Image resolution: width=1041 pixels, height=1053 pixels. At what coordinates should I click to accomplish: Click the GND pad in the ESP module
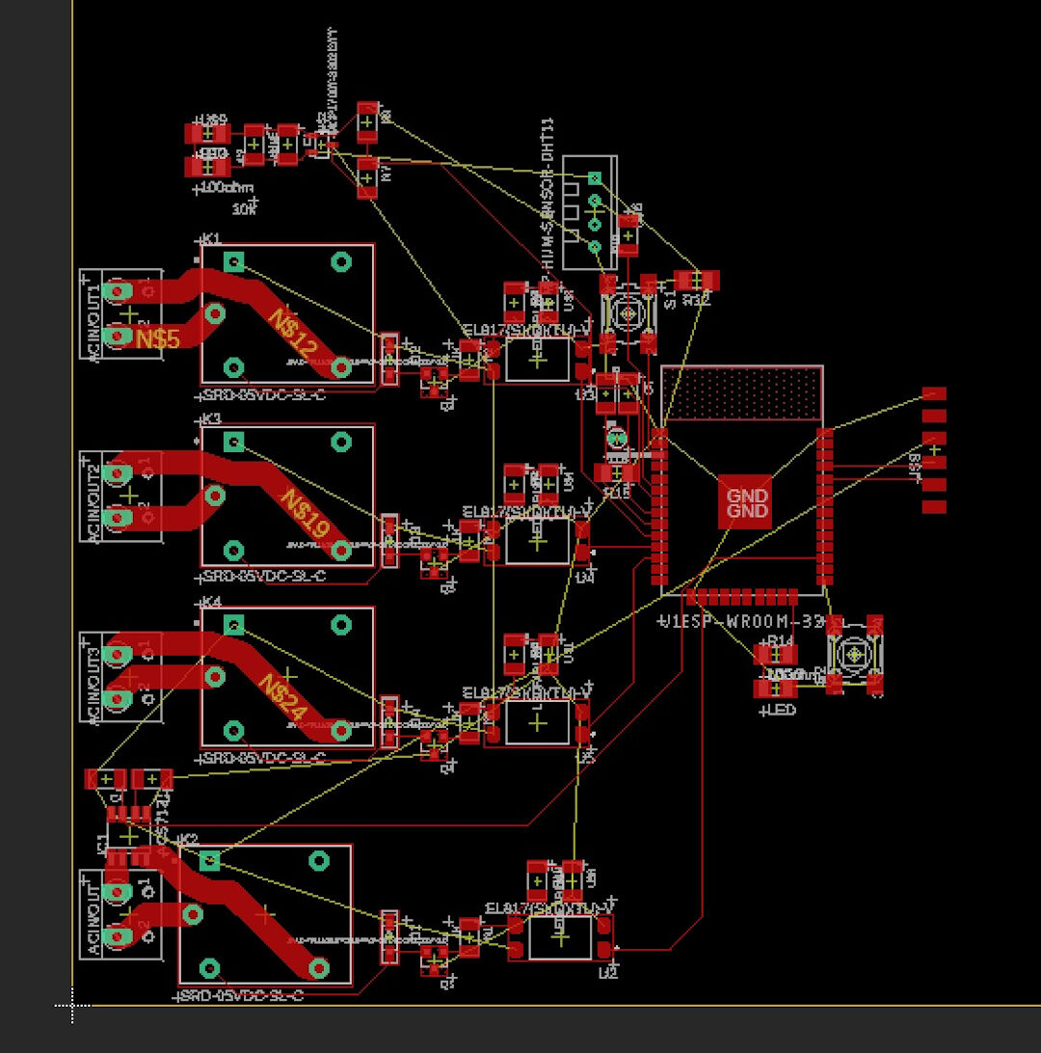point(746,502)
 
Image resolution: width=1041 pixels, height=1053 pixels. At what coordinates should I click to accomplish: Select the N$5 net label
point(157,338)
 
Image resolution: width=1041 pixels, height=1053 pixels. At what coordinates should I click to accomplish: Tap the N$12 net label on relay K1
point(292,331)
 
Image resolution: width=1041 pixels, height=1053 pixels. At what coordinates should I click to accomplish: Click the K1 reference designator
point(210,238)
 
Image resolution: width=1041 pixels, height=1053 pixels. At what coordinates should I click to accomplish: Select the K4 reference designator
point(210,602)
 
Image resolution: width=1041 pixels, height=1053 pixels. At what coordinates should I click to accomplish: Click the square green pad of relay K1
point(233,261)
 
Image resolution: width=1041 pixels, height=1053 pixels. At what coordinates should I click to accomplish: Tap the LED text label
point(780,711)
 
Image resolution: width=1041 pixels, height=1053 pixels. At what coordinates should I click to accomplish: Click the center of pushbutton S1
point(628,313)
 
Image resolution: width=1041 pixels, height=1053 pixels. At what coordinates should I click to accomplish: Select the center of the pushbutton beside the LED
point(854,655)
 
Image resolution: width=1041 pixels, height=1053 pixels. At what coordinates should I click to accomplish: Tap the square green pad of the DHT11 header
point(595,177)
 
